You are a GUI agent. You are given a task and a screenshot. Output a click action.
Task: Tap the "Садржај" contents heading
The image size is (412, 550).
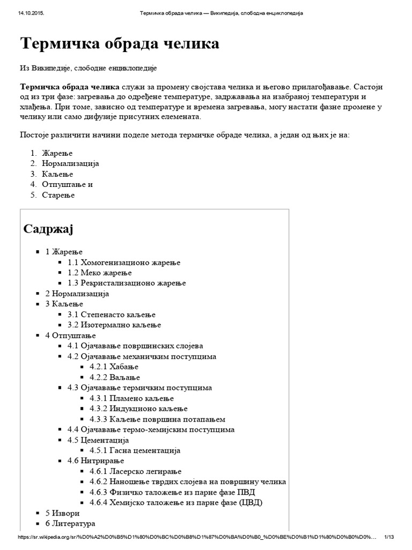(x=48, y=229)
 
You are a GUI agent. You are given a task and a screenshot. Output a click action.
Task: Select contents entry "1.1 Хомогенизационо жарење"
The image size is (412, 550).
(x=123, y=263)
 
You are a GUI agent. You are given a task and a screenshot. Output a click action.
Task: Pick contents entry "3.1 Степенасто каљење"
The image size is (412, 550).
(x=111, y=315)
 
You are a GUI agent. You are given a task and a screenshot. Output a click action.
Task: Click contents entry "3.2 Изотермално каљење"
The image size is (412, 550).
(x=114, y=325)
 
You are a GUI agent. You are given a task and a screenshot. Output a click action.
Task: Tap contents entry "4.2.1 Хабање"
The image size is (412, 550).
(x=114, y=367)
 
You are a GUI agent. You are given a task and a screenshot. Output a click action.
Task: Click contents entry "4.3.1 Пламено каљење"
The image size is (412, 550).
(x=132, y=399)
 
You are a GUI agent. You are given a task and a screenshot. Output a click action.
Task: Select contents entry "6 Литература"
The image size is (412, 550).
(x=70, y=524)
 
